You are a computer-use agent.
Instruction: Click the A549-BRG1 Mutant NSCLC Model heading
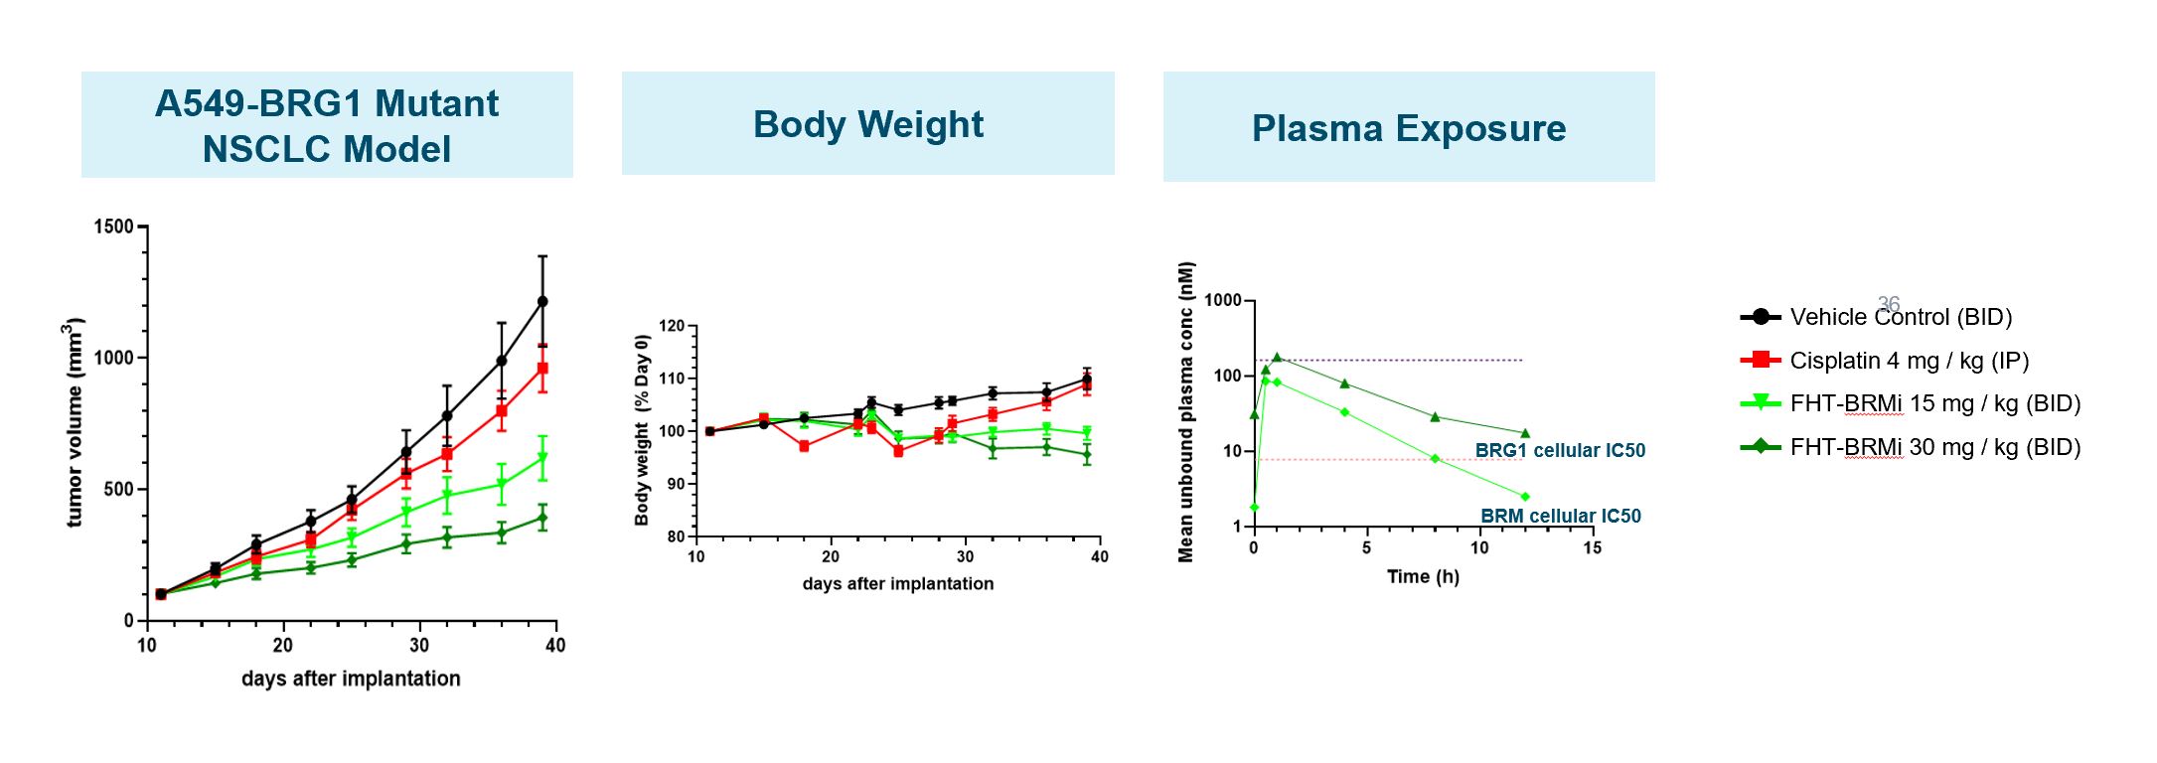[x=327, y=125]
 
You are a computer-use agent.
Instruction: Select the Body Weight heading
[x=867, y=124]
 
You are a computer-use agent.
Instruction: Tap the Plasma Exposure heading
[x=1408, y=128]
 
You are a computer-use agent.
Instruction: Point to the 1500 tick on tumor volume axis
[x=113, y=227]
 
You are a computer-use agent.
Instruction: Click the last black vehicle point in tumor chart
[x=542, y=301]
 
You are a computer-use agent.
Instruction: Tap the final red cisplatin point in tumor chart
[x=542, y=369]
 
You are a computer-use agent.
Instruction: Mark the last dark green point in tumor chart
[x=542, y=518]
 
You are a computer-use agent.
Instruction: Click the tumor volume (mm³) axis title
[x=74, y=422]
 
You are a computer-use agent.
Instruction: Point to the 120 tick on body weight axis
[x=672, y=326]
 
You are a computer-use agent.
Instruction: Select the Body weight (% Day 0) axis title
[x=642, y=430]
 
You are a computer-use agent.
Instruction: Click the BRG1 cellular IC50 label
[x=1560, y=450]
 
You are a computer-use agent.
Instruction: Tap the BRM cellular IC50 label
[x=1560, y=516]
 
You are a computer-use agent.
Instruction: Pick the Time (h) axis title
[x=1423, y=576]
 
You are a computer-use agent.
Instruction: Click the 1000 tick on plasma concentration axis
[x=1222, y=300]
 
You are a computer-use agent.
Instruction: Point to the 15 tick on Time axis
[x=1592, y=547]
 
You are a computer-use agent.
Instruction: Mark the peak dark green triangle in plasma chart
[x=1277, y=358]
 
